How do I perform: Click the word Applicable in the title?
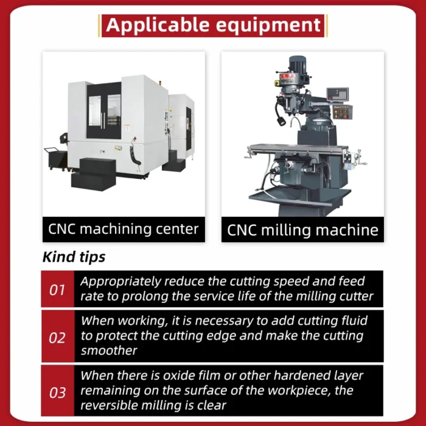158,25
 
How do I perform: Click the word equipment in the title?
268,26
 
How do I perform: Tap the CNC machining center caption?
124,229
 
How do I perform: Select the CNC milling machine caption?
302,230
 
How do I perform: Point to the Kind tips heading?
74,257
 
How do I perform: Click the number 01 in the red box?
57,290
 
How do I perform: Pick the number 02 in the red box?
57,338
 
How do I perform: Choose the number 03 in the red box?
57,393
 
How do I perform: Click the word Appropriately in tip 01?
120,282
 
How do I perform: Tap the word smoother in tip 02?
109,351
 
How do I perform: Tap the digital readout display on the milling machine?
337,94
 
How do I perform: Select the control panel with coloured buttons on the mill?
343,112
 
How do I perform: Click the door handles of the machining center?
103,120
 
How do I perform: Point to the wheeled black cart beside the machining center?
57,159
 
